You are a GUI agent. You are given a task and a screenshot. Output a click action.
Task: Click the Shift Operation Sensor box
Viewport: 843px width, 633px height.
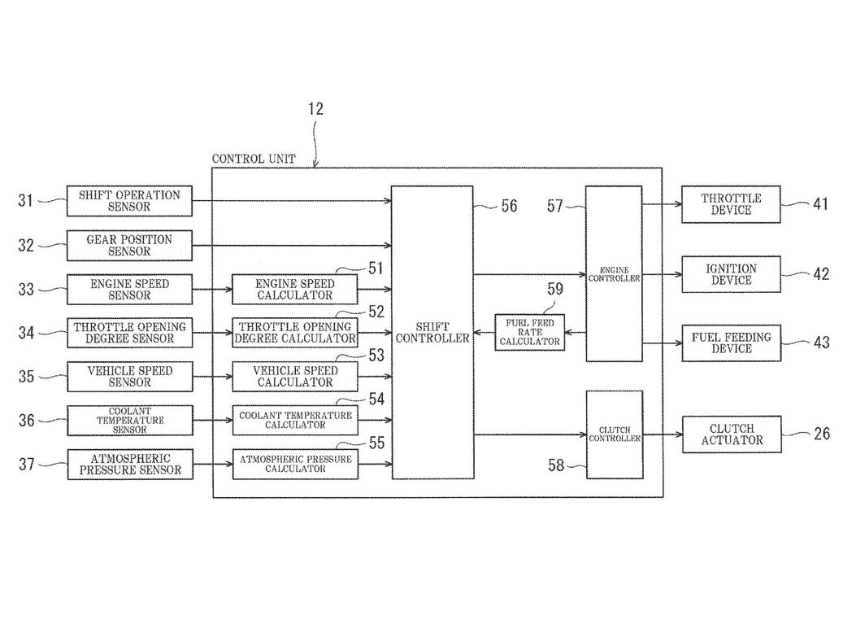click(129, 201)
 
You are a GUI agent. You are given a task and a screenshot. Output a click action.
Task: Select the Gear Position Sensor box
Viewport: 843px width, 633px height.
click(129, 246)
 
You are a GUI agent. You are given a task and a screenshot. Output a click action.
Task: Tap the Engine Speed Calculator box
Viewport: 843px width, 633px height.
click(294, 289)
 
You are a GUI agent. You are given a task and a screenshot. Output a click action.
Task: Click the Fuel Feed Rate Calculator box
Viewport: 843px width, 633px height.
click(530, 332)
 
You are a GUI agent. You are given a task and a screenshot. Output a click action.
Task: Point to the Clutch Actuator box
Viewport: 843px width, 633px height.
click(731, 434)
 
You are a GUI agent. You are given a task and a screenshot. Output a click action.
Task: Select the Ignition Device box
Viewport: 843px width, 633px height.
click(731, 274)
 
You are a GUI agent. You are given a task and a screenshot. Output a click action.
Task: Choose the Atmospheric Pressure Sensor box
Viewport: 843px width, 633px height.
click(129, 464)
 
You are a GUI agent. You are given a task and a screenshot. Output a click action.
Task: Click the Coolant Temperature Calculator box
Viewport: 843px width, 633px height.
click(294, 420)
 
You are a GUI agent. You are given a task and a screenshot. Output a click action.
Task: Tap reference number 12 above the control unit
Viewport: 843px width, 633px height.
click(316, 109)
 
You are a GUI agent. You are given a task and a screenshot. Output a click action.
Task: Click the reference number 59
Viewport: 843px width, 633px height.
click(554, 288)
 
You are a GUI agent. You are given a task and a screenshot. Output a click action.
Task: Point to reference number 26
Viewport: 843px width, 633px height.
click(821, 434)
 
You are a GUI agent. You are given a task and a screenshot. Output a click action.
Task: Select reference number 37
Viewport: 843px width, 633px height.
click(27, 465)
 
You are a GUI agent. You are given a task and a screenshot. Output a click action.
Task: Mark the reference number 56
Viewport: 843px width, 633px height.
click(508, 207)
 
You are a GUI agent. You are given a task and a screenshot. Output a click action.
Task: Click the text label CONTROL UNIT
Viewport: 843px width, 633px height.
click(254, 159)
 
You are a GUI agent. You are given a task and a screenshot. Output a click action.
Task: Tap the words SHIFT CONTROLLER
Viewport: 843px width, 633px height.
click(432, 332)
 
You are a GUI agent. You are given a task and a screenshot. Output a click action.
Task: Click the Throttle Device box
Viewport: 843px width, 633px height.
click(731, 204)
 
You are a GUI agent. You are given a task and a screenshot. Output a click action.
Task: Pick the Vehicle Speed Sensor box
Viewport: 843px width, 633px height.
click(129, 376)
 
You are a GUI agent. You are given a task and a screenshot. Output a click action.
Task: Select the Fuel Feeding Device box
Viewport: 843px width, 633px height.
click(731, 343)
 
